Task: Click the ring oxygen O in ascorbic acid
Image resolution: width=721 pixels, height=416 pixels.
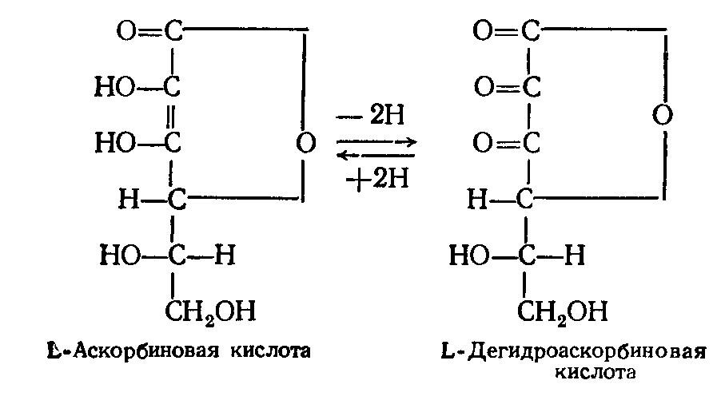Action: pyautogui.click(x=305, y=143)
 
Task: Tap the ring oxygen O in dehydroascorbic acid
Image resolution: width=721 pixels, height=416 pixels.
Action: pyautogui.click(x=663, y=115)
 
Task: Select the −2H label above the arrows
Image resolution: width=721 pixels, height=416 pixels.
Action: pyautogui.click(x=371, y=115)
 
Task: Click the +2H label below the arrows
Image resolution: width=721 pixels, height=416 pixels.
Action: pyautogui.click(x=377, y=178)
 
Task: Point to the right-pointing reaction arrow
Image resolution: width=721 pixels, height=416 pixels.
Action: pyautogui.click(x=376, y=142)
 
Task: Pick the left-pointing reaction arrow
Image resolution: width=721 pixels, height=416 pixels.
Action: pyautogui.click(x=376, y=156)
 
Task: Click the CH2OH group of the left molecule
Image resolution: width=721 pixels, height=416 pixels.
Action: pyautogui.click(x=210, y=311)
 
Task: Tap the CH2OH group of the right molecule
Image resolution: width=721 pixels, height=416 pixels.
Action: pyautogui.click(x=563, y=311)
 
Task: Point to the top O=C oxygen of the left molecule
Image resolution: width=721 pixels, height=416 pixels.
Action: pyautogui.click(x=126, y=31)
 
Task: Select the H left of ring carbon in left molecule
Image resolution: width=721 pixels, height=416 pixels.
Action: pyautogui.click(x=129, y=200)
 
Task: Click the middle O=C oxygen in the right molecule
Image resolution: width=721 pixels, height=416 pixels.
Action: pyautogui.click(x=484, y=87)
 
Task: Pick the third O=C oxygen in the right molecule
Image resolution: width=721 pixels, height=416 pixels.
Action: pyautogui.click(x=483, y=143)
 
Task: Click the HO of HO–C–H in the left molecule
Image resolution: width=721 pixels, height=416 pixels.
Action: pyautogui.click(x=120, y=255)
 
